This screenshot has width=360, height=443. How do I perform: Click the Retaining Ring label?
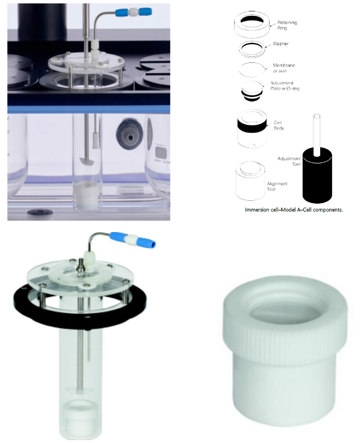pyautogui.click(x=287, y=25)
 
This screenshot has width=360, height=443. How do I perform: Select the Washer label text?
pyautogui.click(x=281, y=44)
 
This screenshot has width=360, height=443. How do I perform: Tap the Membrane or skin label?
pyautogui.click(x=284, y=68)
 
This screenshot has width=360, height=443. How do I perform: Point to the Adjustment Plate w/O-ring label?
pyautogui.click(x=284, y=86)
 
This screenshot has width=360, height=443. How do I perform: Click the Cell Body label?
pyautogui.click(x=279, y=125)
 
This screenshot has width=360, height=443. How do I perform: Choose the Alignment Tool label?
pyautogui.click(x=277, y=186)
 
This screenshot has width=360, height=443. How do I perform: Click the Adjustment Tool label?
pyautogui.click(x=288, y=161)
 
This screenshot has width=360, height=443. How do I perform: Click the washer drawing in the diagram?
pyautogui.click(x=252, y=49)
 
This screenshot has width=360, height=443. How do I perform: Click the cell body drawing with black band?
pyautogui.click(x=252, y=129)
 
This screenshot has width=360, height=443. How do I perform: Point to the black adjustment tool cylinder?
pyautogui.click(x=317, y=175)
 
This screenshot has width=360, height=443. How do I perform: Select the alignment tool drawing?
pyautogui.click(x=250, y=181)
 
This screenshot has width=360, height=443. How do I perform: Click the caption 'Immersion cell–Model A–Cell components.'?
pyautogui.click(x=294, y=210)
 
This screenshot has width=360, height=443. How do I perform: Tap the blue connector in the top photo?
pyautogui.click(x=134, y=12)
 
